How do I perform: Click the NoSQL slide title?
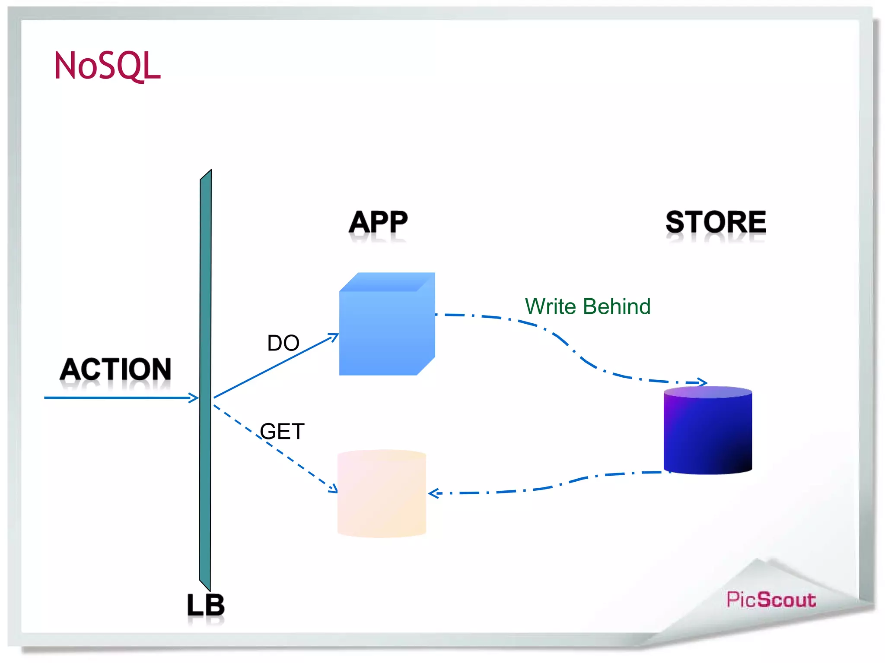pos(107,66)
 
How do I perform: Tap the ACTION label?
pos(115,369)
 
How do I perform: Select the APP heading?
pos(378,223)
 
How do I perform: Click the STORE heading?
pos(716,223)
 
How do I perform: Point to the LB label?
pos(206,605)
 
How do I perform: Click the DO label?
pos(283,343)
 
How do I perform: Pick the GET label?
pos(282,431)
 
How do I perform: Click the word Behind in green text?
pos(617,306)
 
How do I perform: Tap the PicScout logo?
pos(771,600)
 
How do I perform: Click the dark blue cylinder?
pos(708,432)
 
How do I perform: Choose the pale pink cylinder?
pos(382,494)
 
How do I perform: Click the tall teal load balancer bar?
pos(205,380)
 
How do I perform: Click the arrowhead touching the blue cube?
pos(334,336)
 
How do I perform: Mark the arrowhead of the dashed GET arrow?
pos(334,489)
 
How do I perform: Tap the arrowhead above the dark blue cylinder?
pos(703,382)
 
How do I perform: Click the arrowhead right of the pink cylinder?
pos(433,493)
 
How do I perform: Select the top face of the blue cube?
pos(387,281)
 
